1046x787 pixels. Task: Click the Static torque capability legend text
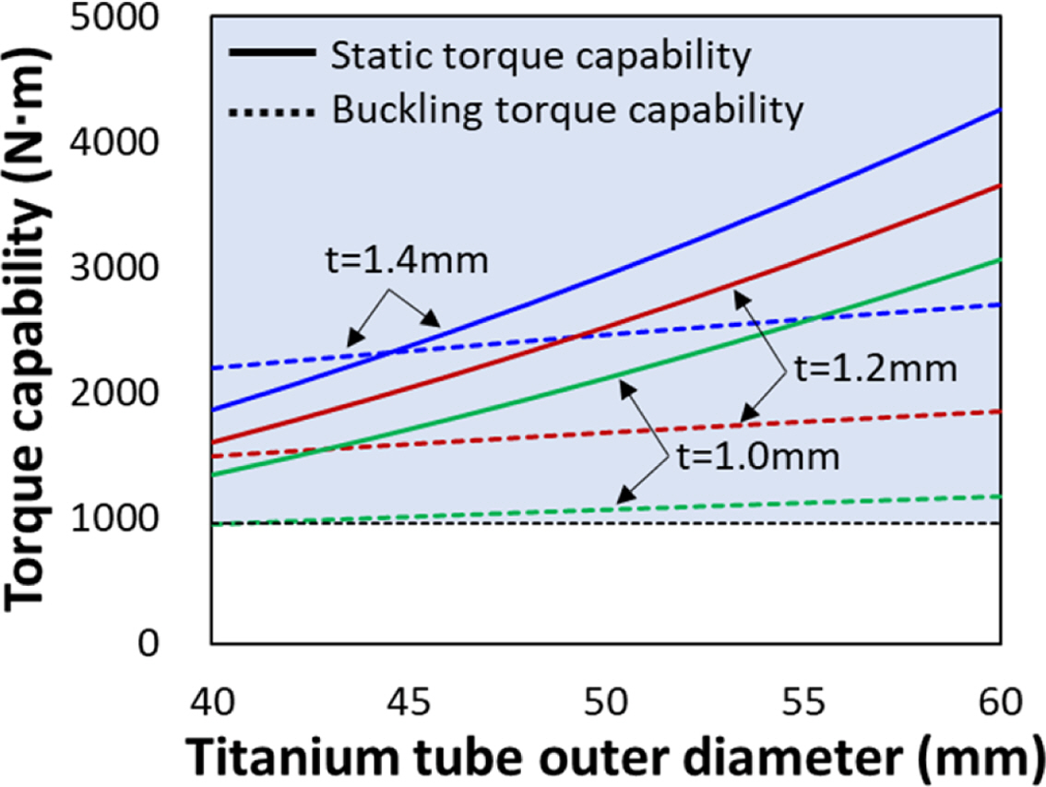[x=539, y=56]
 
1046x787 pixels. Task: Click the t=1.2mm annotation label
[x=871, y=370]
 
